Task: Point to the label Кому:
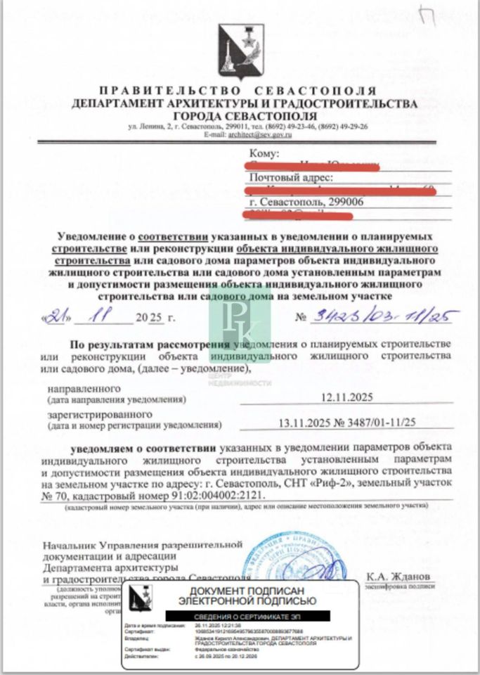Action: (265, 153)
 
